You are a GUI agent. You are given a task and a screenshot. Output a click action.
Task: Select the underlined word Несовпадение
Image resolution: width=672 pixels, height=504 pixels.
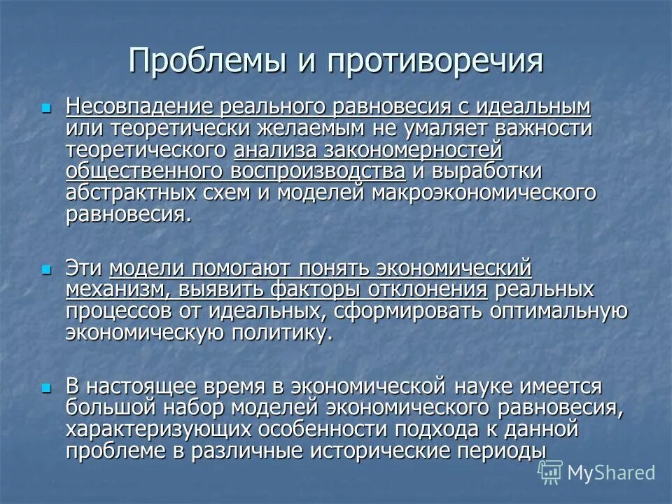[x=141, y=107]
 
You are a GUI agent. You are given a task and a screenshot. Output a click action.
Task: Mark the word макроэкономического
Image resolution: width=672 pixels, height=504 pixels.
[x=484, y=192]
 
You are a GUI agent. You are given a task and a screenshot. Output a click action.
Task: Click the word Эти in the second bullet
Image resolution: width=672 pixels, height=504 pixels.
[x=84, y=269]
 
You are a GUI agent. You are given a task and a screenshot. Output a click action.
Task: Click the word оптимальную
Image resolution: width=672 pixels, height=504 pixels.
[x=555, y=311]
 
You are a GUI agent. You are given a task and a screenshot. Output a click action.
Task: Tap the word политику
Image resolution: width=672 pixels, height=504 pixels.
[x=281, y=332]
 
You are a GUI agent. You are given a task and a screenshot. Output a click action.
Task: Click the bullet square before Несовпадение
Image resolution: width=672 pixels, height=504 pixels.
[x=47, y=108]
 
